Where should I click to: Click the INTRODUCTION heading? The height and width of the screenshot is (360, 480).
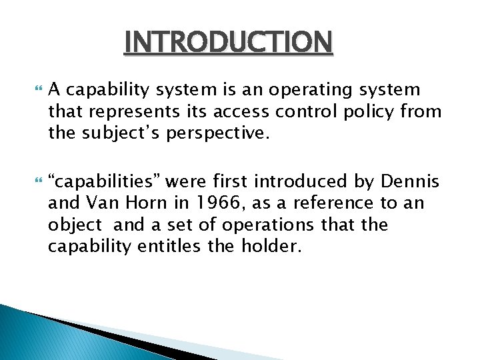(228, 42)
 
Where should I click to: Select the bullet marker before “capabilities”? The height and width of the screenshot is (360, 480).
(36, 180)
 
